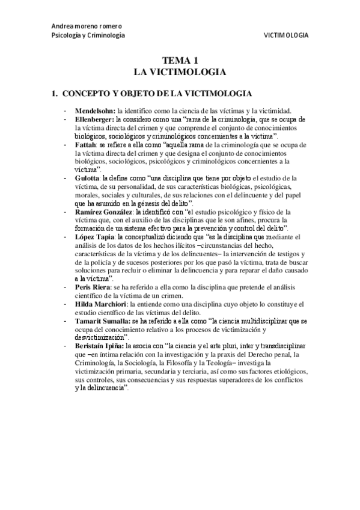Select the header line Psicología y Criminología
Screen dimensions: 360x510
(88, 35)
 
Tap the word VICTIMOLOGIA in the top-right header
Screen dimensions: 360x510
(286, 35)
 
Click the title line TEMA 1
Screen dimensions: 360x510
(180, 61)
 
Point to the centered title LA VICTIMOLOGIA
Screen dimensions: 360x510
(180, 72)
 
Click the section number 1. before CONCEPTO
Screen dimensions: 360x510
(53, 94)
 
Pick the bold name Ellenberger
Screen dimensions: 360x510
(94, 120)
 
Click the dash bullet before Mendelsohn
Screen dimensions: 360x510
(64, 111)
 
